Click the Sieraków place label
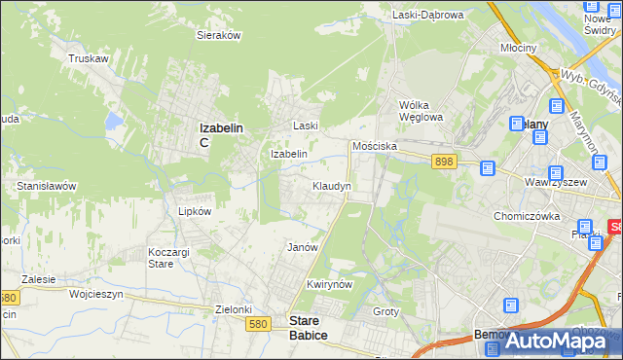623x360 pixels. tap(219, 35)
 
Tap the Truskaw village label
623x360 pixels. tap(88, 58)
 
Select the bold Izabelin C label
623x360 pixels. tap(220, 133)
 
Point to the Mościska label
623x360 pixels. tap(374, 145)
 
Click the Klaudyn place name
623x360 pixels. tap(331, 185)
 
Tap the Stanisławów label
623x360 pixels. tap(46, 185)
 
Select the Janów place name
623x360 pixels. tap(303, 247)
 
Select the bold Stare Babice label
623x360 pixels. tap(309, 326)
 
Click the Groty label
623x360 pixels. tap(385, 311)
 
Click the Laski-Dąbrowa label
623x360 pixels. tap(429, 15)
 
